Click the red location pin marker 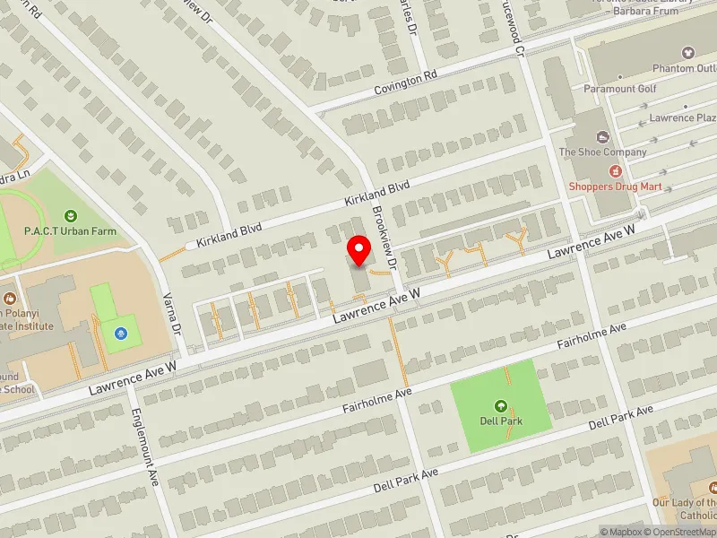click(x=359, y=250)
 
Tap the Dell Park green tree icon click(x=500, y=406)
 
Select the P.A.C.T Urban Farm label click(x=71, y=231)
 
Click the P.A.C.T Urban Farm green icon click(x=71, y=215)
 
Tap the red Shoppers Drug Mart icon click(x=615, y=170)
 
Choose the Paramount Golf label click(x=620, y=89)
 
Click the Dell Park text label click(x=500, y=421)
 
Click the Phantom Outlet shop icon click(x=688, y=54)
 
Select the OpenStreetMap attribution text click(x=682, y=532)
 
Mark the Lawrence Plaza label click(x=683, y=118)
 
